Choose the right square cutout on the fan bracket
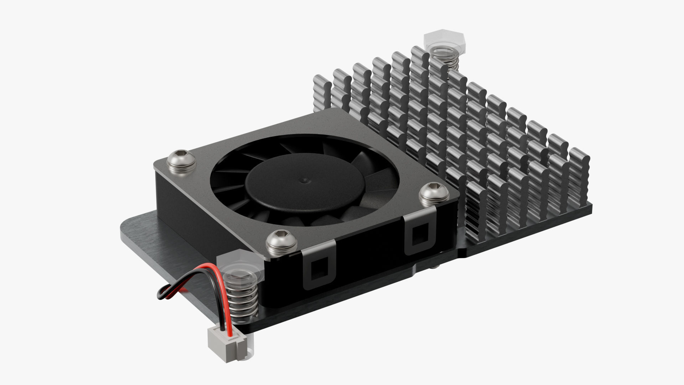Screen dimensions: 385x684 point(420,235)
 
